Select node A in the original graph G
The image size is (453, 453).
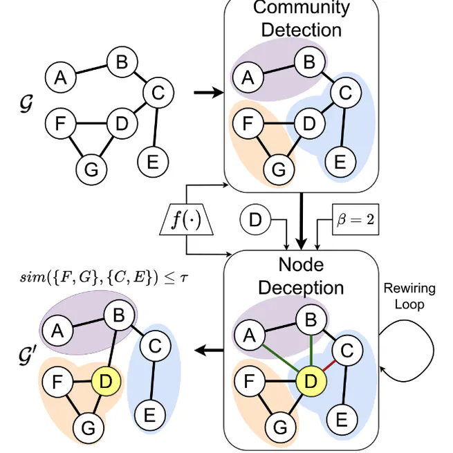pos(61,77)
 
